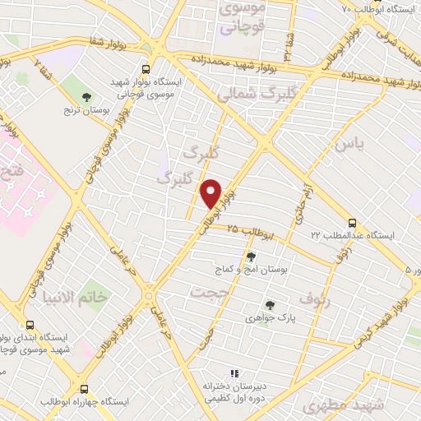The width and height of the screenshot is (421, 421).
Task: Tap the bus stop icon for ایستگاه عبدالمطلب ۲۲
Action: (352, 223)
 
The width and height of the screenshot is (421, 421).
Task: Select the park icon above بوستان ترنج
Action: (86, 98)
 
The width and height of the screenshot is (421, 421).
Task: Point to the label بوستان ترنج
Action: (87, 110)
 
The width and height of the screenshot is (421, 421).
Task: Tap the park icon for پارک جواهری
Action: (269, 305)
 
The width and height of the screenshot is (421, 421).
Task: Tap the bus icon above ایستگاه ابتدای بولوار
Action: (30, 326)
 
